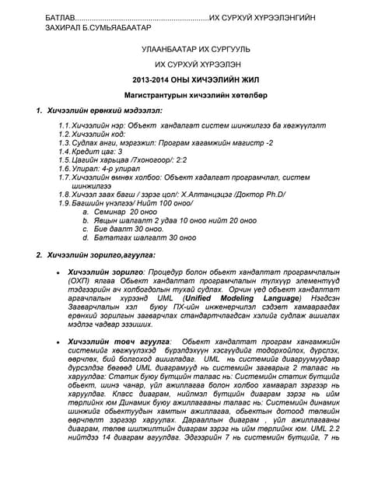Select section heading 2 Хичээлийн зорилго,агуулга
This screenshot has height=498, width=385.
(x=100, y=255)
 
